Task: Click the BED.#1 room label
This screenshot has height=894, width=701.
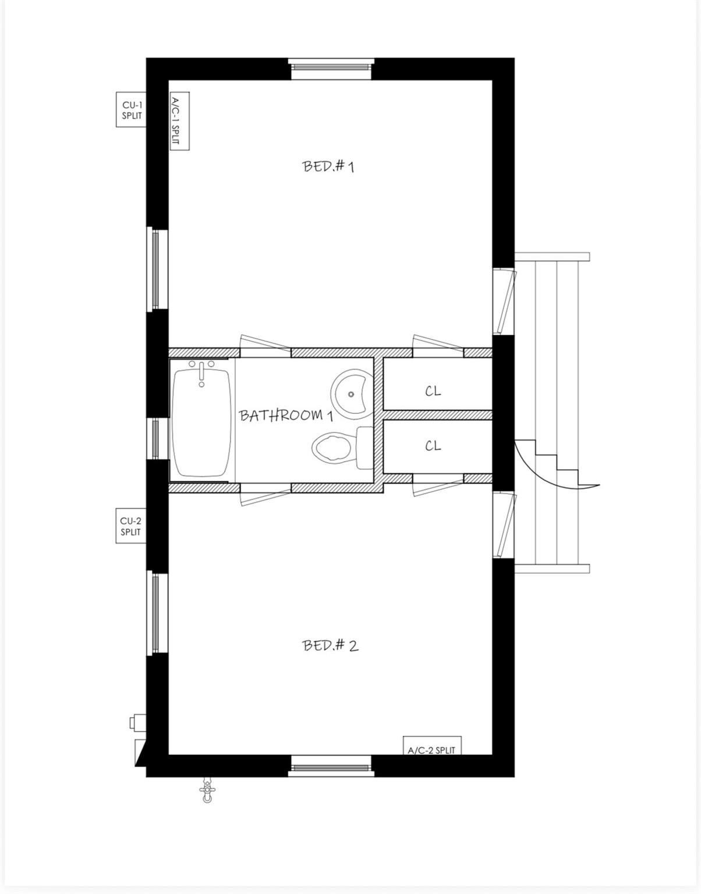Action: click(328, 166)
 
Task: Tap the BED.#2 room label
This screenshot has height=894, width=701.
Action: click(330, 645)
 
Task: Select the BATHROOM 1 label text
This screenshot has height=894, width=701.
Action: click(286, 416)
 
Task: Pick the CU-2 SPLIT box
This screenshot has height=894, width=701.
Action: click(130, 526)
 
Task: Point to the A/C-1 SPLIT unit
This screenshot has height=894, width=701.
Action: click(179, 122)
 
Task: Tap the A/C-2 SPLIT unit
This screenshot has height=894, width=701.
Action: click(431, 746)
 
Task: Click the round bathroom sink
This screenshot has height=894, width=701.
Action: click(350, 393)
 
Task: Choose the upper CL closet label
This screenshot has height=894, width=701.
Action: click(433, 391)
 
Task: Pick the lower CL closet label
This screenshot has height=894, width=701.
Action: click(433, 446)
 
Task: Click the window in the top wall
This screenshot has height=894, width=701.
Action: click(331, 68)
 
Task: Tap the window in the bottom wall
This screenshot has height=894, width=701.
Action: click(330, 766)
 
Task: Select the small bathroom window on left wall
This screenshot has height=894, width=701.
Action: click(156, 438)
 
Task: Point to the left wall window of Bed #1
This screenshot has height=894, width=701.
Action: click(156, 268)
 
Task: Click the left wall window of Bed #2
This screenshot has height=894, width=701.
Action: click(156, 612)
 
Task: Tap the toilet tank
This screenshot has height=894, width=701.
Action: click(364, 448)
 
